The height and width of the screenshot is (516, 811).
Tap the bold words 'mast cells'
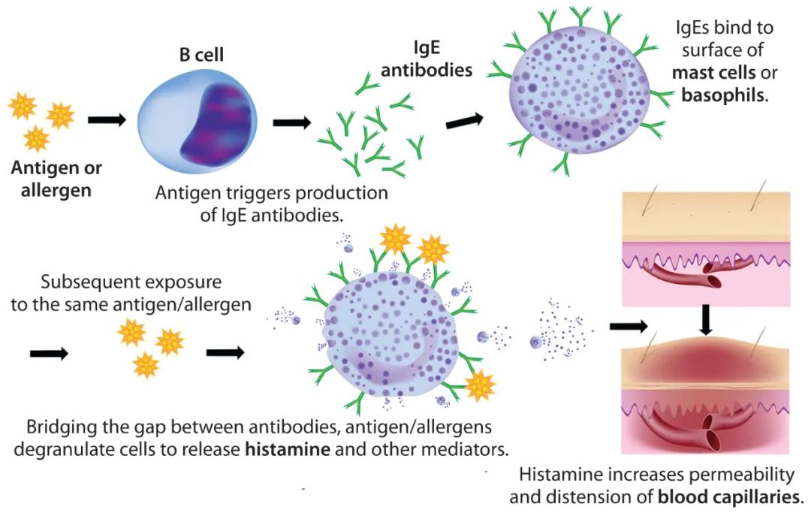(714, 73)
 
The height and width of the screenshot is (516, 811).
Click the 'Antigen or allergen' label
(56, 178)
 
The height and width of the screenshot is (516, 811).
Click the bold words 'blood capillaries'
(728, 496)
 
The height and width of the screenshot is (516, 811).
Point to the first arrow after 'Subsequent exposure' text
(49, 352)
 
